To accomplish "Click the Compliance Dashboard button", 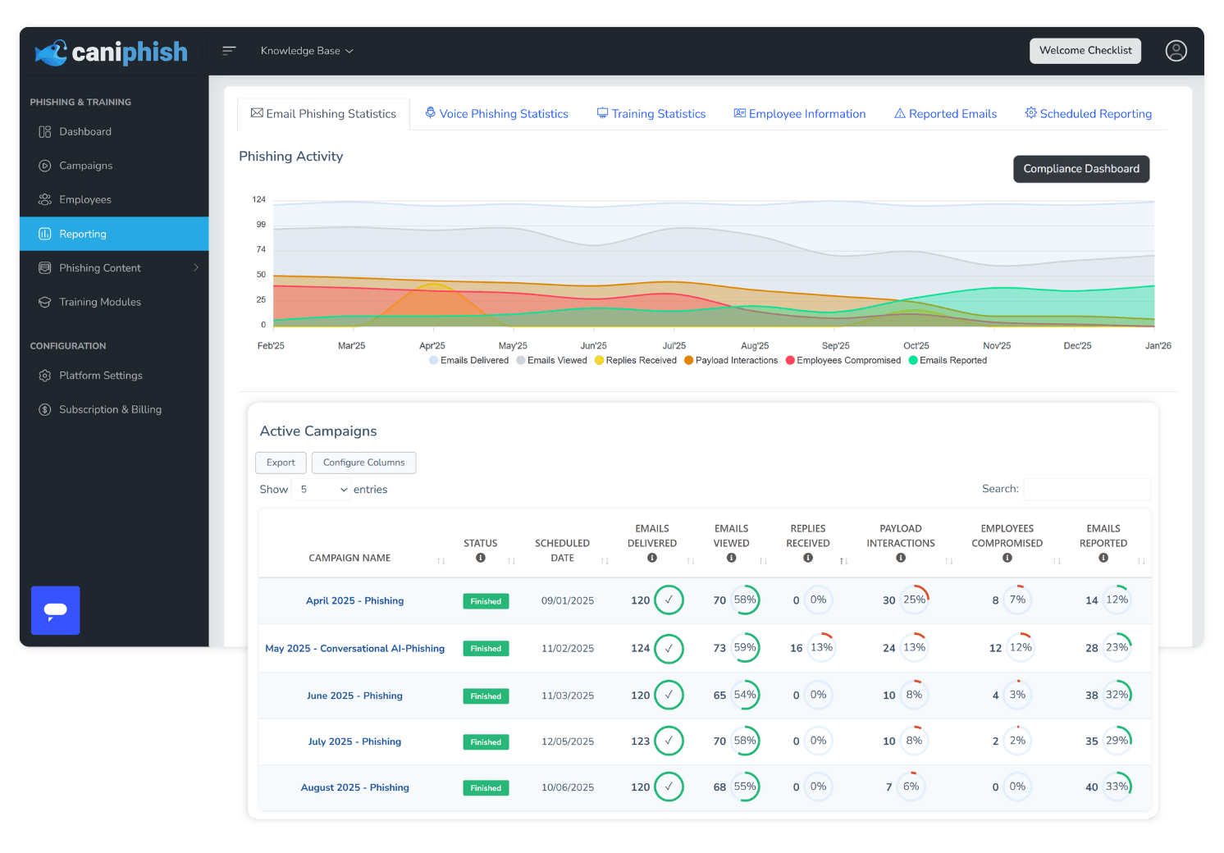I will pyautogui.click(x=1080, y=169).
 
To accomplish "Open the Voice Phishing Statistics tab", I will pyautogui.click(x=496, y=114).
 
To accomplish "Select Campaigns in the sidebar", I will pyautogui.click(x=85, y=166).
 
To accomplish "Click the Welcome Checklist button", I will pyautogui.click(x=1085, y=51).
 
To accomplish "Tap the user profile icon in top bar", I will pyautogui.click(x=1176, y=51).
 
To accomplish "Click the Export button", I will pyautogui.click(x=281, y=463).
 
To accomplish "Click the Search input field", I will pyautogui.click(x=1086, y=489).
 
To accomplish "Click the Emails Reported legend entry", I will pyautogui.click(x=952, y=361).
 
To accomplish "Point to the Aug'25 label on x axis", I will pyautogui.click(x=754, y=346).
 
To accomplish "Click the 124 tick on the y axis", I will pyautogui.click(x=259, y=199).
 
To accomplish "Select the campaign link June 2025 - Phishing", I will pyautogui.click(x=354, y=696).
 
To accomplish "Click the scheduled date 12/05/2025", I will pyautogui.click(x=567, y=741).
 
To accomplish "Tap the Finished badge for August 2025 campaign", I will pyautogui.click(x=486, y=788).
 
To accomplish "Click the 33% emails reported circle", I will pyautogui.click(x=1117, y=787).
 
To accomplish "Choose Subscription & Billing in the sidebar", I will pyautogui.click(x=110, y=409).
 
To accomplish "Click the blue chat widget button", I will pyautogui.click(x=56, y=610).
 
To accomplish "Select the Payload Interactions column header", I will pyautogui.click(x=900, y=536).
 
